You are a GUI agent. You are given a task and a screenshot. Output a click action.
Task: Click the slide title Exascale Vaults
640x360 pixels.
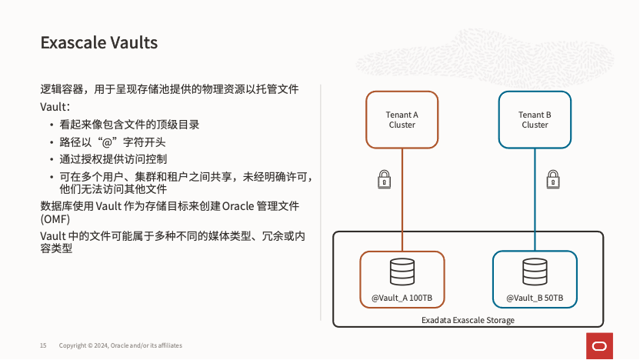coord(98,43)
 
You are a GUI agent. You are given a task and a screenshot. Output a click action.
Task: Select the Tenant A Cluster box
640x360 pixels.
coord(402,119)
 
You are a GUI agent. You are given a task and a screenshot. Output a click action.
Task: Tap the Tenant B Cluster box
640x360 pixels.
coord(535,119)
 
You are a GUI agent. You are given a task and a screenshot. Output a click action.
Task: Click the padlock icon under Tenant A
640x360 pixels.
coord(384,179)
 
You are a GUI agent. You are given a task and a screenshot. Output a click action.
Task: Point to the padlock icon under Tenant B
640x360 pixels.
coord(552,179)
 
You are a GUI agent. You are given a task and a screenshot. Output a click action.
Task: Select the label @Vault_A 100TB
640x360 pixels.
coord(402,298)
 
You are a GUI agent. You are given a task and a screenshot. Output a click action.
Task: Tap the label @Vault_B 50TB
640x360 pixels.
coord(535,298)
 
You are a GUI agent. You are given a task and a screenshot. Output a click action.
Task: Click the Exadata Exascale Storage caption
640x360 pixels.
coord(468,320)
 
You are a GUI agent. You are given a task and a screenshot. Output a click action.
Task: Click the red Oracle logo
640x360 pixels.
coord(600,345)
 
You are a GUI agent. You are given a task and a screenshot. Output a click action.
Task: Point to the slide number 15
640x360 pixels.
coord(43,345)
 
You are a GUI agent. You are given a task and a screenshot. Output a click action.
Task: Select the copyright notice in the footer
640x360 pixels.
coord(120,345)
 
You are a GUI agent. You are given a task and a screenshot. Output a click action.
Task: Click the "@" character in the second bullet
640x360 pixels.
coord(108,142)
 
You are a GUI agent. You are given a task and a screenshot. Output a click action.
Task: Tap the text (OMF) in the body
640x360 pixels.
coord(55,219)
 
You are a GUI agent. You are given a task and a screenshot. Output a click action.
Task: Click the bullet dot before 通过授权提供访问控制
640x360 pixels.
coord(51,160)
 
